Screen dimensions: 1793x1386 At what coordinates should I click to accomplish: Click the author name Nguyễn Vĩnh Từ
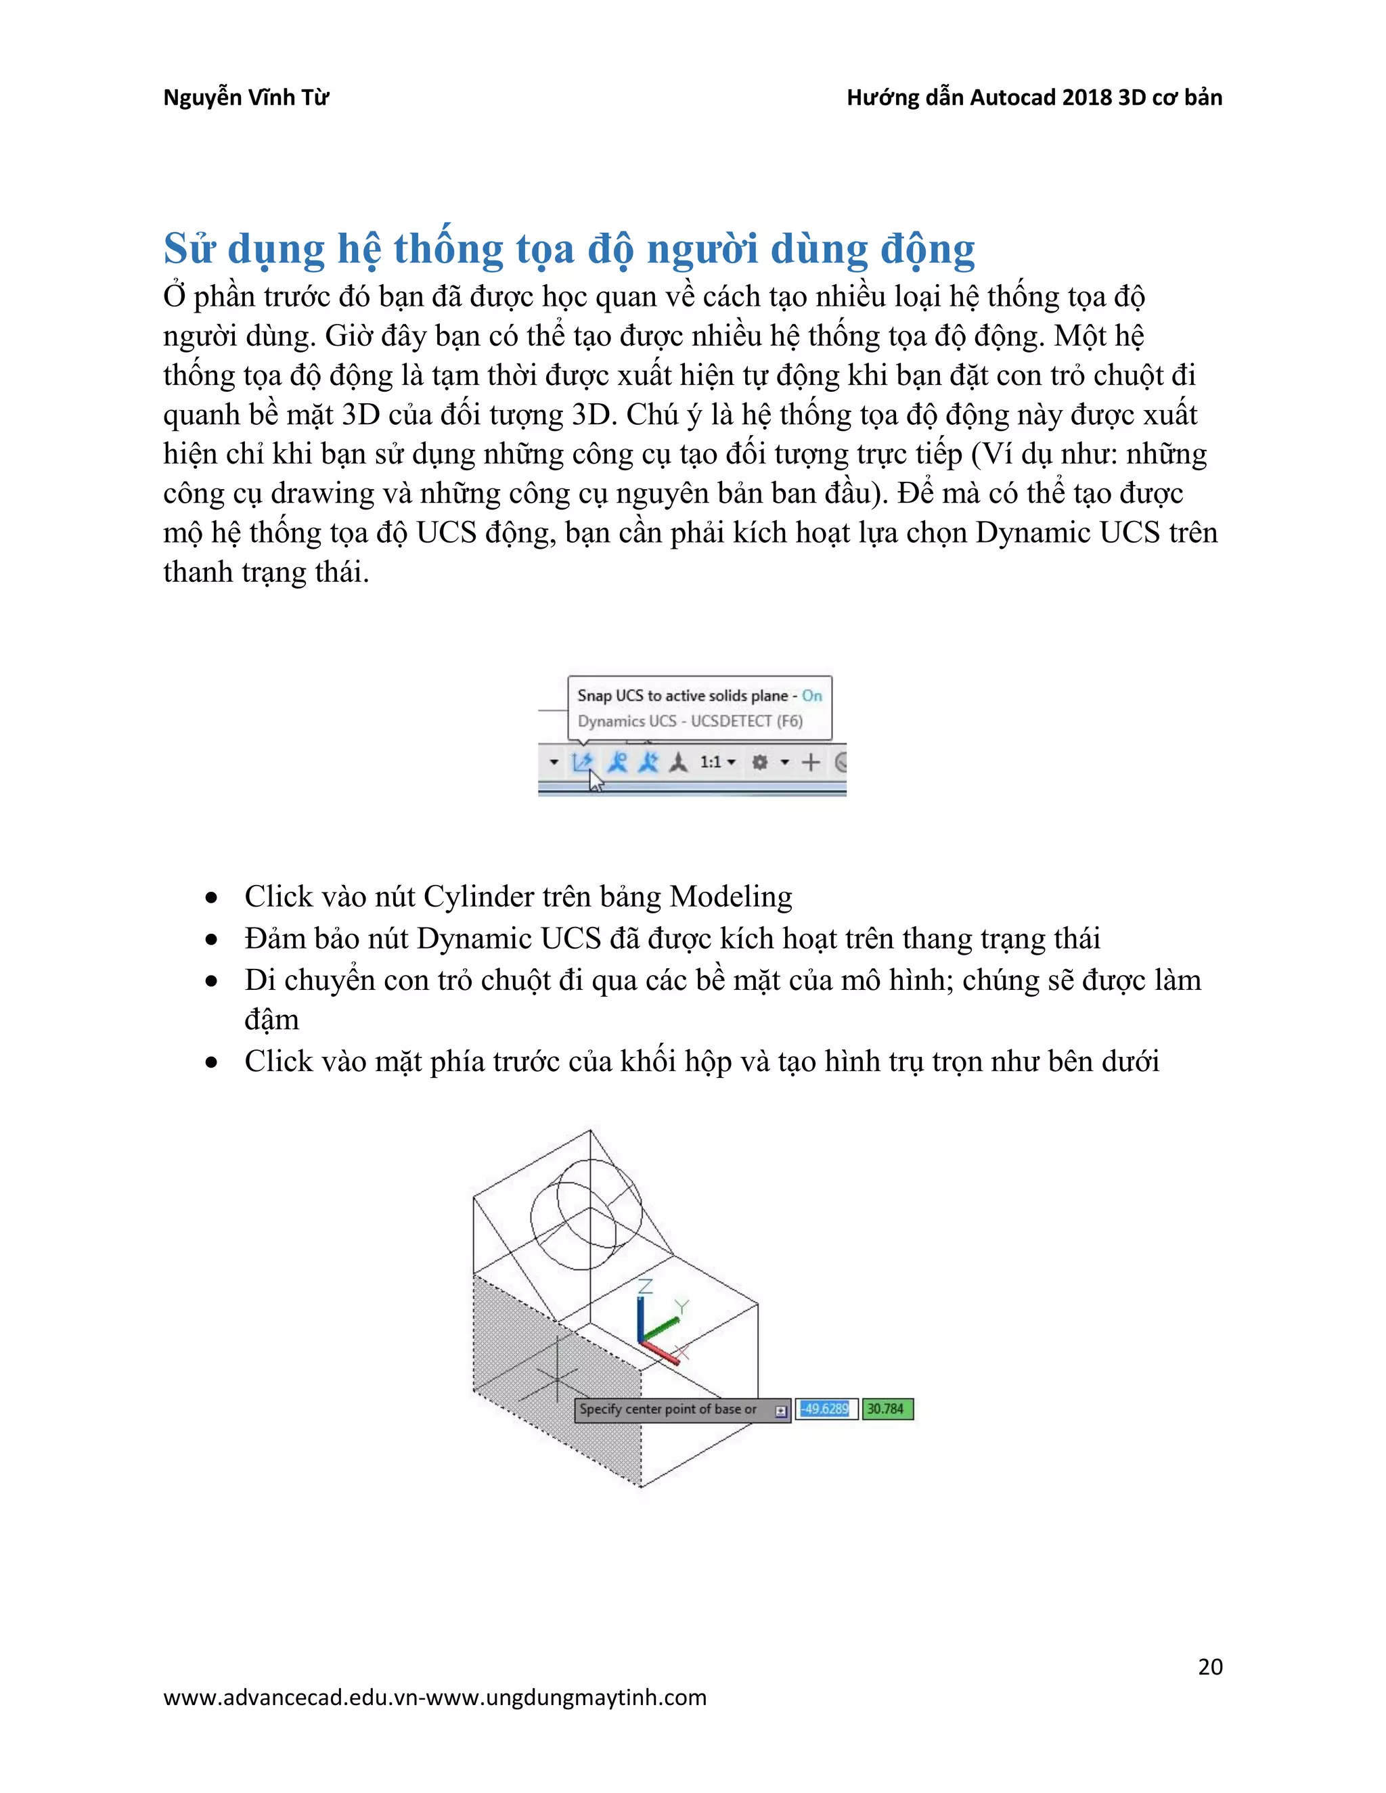pyautogui.click(x=246, y=97)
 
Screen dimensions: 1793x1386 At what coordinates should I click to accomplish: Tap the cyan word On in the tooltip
pyautogui.click(x=811, y=696)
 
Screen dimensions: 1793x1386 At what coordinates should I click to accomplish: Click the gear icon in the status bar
pyautogui.click(x=759, y=762)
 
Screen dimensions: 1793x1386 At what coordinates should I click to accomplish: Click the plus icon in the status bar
pyautogui.click(x=810, y=762)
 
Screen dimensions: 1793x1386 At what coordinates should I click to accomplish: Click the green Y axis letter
pyautogui.click(x=681, y=1306)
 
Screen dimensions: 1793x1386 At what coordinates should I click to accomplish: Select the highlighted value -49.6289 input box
pyautogui.click(x=826, y=1409)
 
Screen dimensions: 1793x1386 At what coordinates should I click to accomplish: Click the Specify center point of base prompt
pyautogui.click(x=669, y=1409)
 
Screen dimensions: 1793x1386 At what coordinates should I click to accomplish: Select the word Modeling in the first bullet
pyautogui.click(x=731, y=896)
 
